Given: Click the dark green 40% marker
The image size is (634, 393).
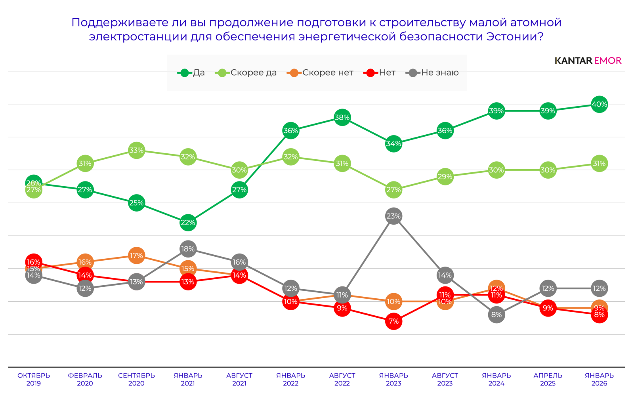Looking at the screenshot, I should point(599,104).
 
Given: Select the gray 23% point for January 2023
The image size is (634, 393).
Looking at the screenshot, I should point(393,216).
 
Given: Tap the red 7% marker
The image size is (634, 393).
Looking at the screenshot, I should point(393,321).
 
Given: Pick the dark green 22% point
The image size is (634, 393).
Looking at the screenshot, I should point(188,223).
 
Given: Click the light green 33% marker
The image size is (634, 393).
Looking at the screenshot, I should point(136,150).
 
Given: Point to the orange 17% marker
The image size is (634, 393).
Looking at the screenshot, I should point(136,256).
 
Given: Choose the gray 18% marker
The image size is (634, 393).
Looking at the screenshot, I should point(188,249).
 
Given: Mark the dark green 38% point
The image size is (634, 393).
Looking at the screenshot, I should point(342,117).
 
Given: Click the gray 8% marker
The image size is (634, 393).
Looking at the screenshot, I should point(496,315).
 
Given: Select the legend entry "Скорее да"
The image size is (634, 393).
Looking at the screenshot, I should point(246,72).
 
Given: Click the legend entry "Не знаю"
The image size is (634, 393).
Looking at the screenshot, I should point(432,72).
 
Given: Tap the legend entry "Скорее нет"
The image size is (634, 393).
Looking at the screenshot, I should point(320,72).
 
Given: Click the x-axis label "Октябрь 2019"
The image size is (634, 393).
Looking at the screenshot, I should point(34,379).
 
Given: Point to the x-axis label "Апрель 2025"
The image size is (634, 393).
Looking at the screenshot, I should point(548,379).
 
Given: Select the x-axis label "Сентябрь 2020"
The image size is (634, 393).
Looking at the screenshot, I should point(136,379).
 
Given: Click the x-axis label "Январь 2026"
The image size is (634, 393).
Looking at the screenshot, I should point(599,379).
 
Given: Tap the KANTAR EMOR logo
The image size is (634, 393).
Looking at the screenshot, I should point(588,61).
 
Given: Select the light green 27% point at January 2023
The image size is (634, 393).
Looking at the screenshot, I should point(393,190).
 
